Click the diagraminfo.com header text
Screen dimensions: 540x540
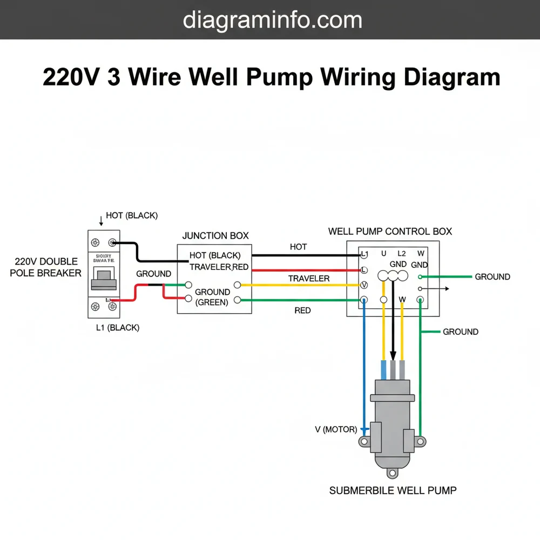272,20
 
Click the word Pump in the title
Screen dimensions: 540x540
279,77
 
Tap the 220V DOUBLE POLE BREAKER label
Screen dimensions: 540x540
45,267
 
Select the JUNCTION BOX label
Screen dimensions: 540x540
215,235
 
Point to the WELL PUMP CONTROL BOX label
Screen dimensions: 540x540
390,232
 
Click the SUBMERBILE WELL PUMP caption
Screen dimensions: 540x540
393,490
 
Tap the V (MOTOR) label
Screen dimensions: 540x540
336,430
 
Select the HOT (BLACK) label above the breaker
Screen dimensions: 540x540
132,215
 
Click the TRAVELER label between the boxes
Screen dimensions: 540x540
308,279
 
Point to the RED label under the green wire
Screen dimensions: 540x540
302,311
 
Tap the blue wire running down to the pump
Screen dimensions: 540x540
365,367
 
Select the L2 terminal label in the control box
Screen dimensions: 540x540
401,253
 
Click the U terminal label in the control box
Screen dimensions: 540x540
383,253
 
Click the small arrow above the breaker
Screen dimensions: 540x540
100,221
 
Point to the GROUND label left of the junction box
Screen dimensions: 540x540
153,274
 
